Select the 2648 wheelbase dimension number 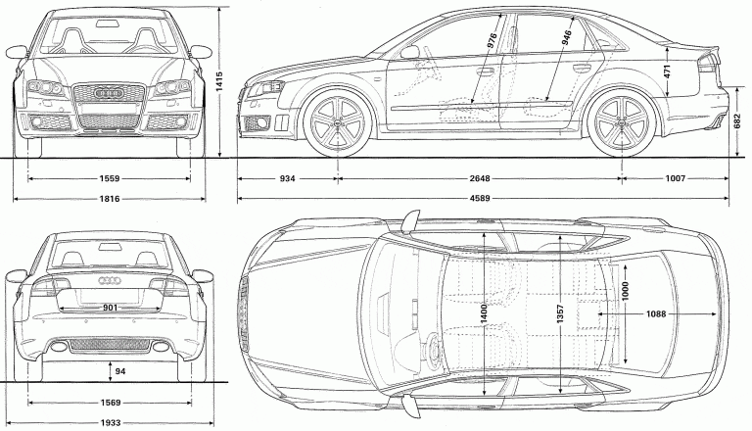pos(479,179)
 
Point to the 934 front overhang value pos(288,179)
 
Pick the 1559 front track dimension pos(110,179)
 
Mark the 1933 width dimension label pos(110,423)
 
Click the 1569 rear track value pos(110,402)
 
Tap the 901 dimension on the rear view pos(110,308)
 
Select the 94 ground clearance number pos(119,371)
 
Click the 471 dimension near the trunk pos(668,69)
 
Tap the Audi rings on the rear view pos(110,282)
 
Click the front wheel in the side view pos(339,120)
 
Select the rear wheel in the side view pos(623,120)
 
